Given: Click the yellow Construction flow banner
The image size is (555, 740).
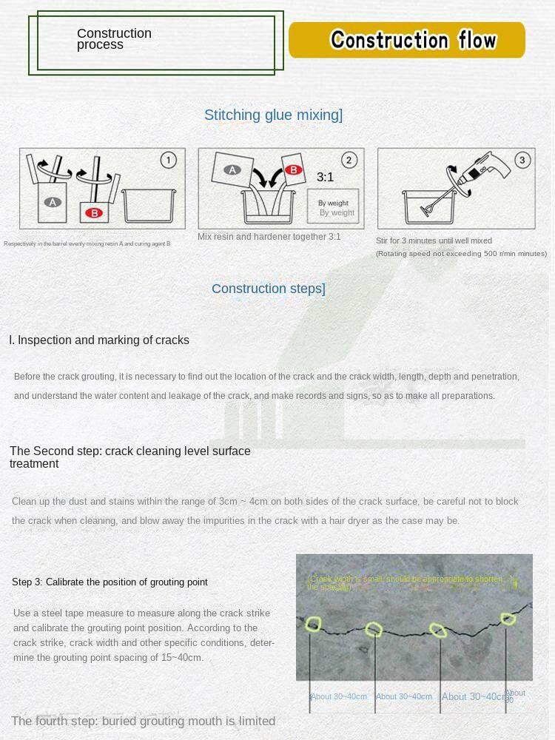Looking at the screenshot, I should pyautogui.click(x=406, y=40).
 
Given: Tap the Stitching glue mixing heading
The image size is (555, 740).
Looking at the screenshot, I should pyautogui.click(x=273, y=115).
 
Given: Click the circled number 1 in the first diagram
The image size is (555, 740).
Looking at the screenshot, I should pyautogui.click(x=169, y=160).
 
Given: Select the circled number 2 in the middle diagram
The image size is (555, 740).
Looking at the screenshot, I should pyautogui.click(x=349, y=160).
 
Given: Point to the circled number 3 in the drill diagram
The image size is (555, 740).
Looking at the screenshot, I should pyautogui.click(x=522, y=160).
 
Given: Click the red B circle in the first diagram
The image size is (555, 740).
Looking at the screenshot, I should pyautogui.click(x=94, y=213).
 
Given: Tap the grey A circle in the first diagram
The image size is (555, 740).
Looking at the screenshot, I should pyautogui.click(x=53, y=202).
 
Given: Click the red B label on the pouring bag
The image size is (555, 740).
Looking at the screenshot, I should pyautogui.click(x=294, y=170).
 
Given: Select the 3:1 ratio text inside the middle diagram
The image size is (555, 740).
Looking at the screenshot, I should pyautogui.click(x=325, y=178).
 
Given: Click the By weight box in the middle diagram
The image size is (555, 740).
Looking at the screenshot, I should pyautogui.click(x=334, y=207).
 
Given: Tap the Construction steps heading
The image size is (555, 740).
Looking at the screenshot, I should pyautogui.click(x=268, y=289).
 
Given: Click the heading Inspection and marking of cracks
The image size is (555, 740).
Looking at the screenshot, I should pyautogui.click(x=99, y=340).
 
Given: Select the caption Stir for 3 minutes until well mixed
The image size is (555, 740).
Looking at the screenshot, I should pyautogui.click(x=434, y=240).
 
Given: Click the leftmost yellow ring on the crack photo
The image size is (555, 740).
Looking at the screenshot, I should pyautogui.click(x=314, y=625).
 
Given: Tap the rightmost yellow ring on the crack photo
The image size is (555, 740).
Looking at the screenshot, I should pyautogui.click(x=508, y=619).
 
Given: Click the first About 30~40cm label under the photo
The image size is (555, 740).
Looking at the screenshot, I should pyautogui.click(x=339, y=696).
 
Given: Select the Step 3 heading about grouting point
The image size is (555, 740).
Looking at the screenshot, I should pyautogui.click(x=110, y=582).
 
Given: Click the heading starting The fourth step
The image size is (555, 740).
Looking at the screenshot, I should pyautogui.click(x=143, y=721).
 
